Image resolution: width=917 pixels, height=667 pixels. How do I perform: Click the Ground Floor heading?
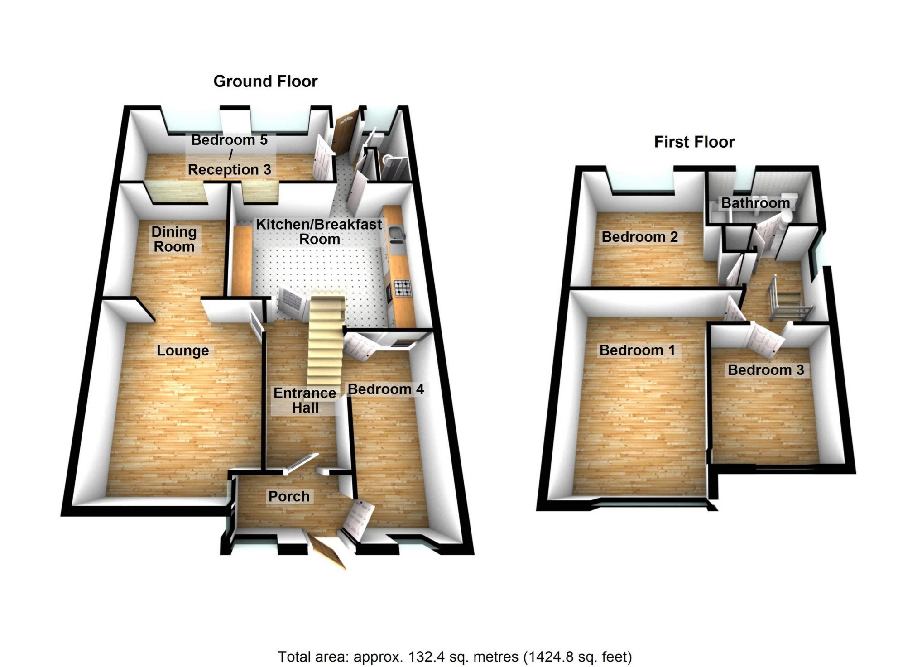(x=265, y=82)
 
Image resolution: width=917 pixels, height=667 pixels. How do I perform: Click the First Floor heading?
(x=694, y=142)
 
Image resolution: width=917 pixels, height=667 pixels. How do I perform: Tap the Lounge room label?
(x=182, y=350)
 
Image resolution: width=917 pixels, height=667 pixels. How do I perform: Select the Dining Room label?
(x=174, y=239)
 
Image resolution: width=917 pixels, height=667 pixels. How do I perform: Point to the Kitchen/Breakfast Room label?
(x=319, y=231)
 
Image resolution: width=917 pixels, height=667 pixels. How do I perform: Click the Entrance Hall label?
(x=305, y=400)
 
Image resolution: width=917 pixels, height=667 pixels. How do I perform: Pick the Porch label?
(x=289, y=496)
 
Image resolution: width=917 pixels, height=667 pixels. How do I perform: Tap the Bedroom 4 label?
(x=385, y=389)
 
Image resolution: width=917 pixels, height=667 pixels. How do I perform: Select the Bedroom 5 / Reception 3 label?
(x=230, y=154)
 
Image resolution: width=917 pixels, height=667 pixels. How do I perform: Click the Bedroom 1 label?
(x=637, y=350)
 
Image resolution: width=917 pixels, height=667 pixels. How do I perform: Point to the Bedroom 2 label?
(x=639, y=237)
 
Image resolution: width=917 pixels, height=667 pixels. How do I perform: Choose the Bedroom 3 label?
(x=765, y=370)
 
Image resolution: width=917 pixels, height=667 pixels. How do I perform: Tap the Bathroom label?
(x=755, y=203)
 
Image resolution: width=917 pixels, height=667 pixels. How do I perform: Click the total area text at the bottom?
(x=455, y=656)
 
